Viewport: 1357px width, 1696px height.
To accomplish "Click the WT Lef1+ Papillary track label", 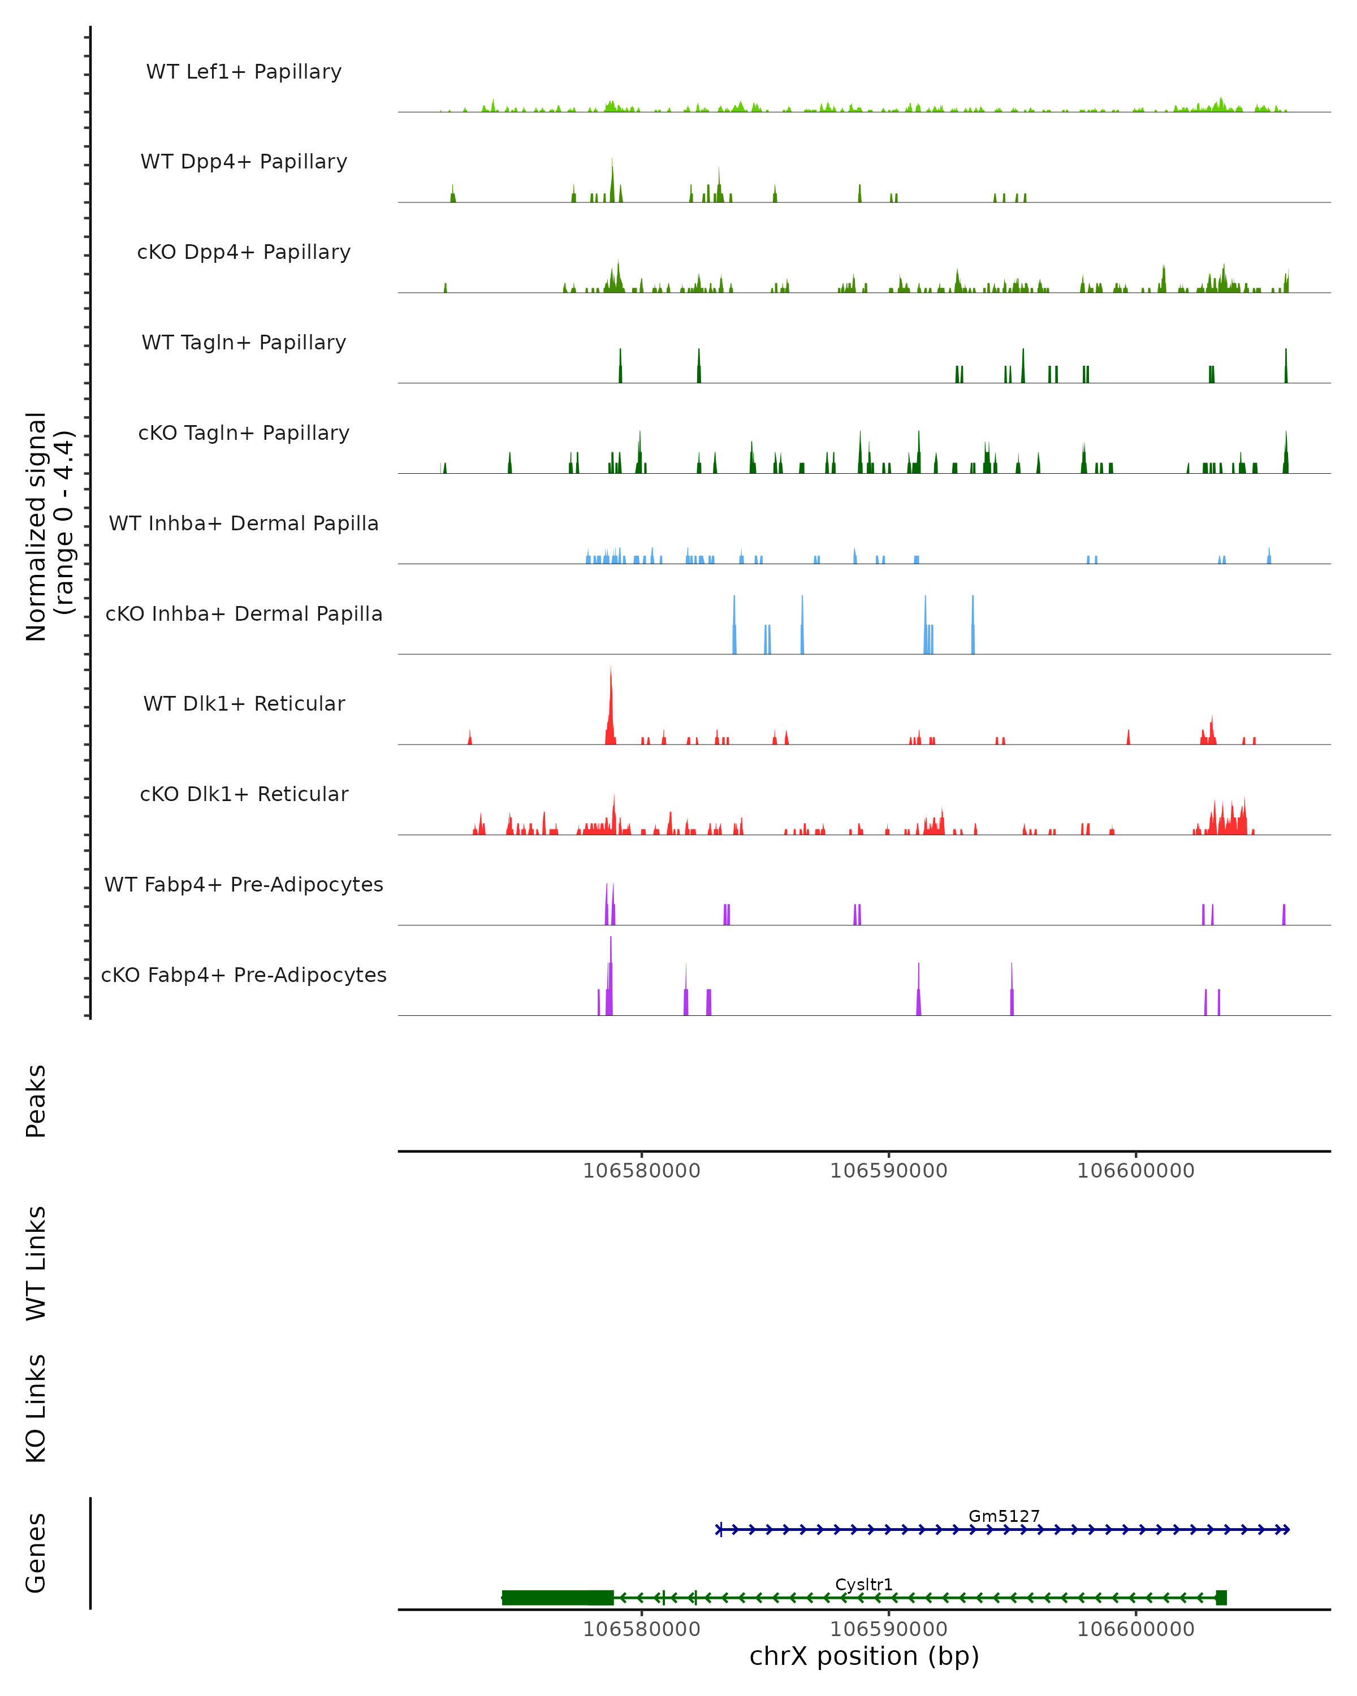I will [x=244, y=72].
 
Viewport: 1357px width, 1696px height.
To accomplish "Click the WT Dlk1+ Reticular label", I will [x=244, y=703].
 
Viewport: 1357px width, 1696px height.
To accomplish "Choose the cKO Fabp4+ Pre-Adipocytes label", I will [x=244, y=975].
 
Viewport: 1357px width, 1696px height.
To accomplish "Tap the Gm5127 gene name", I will [x=1004, y=1516].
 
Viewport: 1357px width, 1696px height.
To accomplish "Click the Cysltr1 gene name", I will [x=864, y=1584].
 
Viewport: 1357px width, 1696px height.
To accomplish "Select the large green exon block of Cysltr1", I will [x=558, y=1598].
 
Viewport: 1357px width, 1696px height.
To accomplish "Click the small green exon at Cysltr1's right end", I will [x=1221, y=1598].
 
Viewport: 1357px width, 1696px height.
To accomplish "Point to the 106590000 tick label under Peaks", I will [x=889, y=1171].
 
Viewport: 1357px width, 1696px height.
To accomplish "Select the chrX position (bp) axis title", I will [x=864, y=1656].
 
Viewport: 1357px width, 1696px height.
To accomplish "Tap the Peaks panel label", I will [x=36, y=1101].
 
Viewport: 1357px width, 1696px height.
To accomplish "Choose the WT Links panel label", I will [x=36, y=1264].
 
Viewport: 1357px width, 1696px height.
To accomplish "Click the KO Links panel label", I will [x=36, y=1409].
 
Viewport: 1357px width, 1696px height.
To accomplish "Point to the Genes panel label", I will [x=36, y=1553].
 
